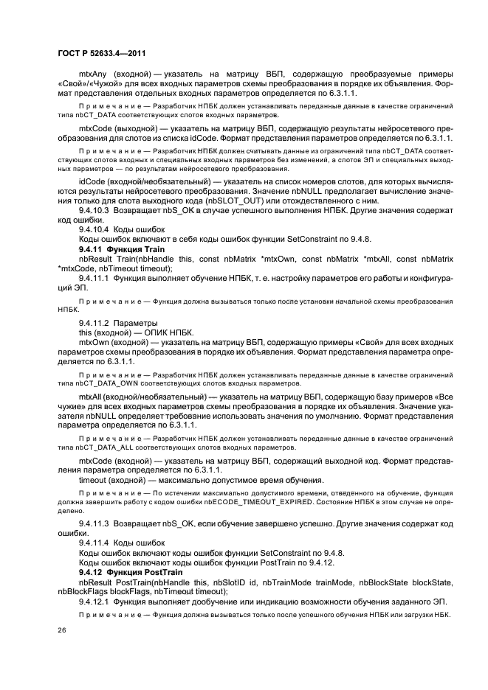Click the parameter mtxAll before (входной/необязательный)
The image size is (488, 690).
90,397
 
